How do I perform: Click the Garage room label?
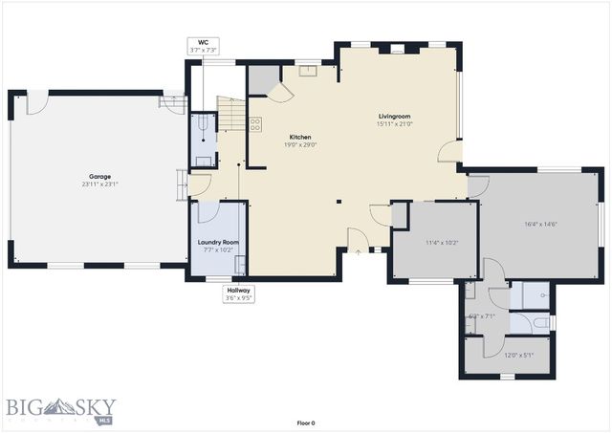click(x=99, y=176)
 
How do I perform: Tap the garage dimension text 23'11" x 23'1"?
click(x=99, y=184)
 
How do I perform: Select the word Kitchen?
click(x=300, y=137)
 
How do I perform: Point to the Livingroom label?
click(x=394, y=116)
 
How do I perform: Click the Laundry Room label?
click(x=218, y=242)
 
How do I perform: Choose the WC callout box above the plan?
click(x=202, y=46)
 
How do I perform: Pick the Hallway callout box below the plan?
click(x=239, y=293)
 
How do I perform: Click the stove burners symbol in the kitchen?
click(x=255, y=122)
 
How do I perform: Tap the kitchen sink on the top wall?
click(x=309, y=70)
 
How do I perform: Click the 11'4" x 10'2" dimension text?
click(x=442, y=243)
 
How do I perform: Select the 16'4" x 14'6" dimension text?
click(x=540, y=224)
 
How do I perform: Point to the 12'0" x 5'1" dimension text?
click(x=519, y=356)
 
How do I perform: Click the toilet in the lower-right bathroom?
click(x=541, y=324)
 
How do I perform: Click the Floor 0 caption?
click(x=305, y=422)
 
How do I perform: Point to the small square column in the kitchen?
click(x=338, y=201)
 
